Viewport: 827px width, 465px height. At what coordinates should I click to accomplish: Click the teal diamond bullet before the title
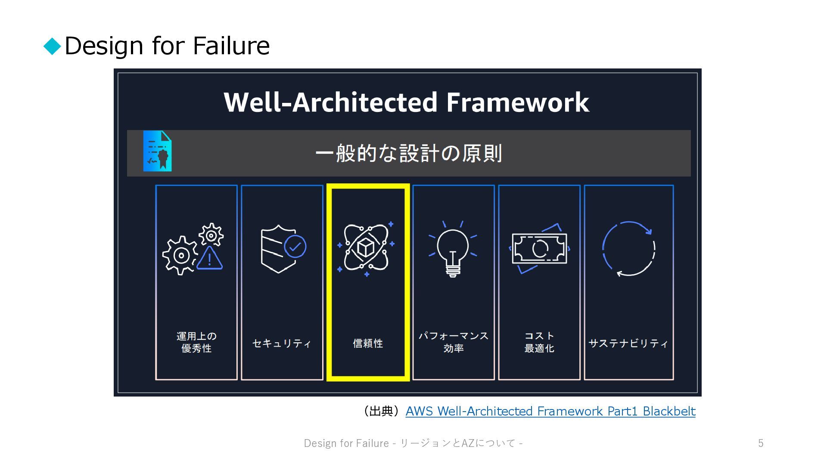(53, 46)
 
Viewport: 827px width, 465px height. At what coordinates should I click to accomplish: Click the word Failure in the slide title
(231, 46)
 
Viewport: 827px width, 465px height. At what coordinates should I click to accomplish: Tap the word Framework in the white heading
(517, 102)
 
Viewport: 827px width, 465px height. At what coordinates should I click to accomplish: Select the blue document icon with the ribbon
(157, 151)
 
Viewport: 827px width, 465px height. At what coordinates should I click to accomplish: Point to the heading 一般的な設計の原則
(408, 153)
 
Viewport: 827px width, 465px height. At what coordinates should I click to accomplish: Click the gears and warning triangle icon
(193, 249)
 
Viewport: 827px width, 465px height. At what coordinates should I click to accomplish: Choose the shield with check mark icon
(283, 248)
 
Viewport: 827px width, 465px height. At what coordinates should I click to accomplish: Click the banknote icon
(539, 248)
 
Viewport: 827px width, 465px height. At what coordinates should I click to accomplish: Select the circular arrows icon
(628, 248)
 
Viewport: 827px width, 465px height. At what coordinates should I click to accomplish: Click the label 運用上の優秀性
(196, 342)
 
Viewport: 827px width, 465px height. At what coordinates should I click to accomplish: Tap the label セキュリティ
(282, 344)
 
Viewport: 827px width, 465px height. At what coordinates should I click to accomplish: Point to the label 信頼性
(368, 344)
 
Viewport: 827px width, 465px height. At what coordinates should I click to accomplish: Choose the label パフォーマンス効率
(454, 342)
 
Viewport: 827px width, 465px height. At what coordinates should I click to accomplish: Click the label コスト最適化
(539, 342)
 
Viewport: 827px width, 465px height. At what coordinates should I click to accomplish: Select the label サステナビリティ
(628, 344)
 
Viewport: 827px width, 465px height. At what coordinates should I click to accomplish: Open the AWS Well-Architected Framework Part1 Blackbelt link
(550, 412)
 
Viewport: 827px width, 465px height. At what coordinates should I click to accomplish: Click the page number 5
(761, 443)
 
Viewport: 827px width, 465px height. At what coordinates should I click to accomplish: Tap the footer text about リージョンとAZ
(413, 443)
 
